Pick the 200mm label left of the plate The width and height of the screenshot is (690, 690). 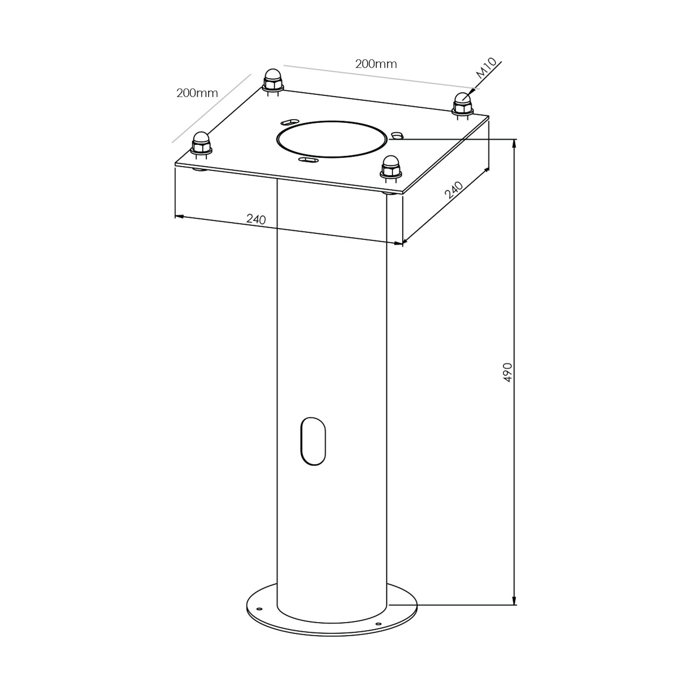pos(197,93)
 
